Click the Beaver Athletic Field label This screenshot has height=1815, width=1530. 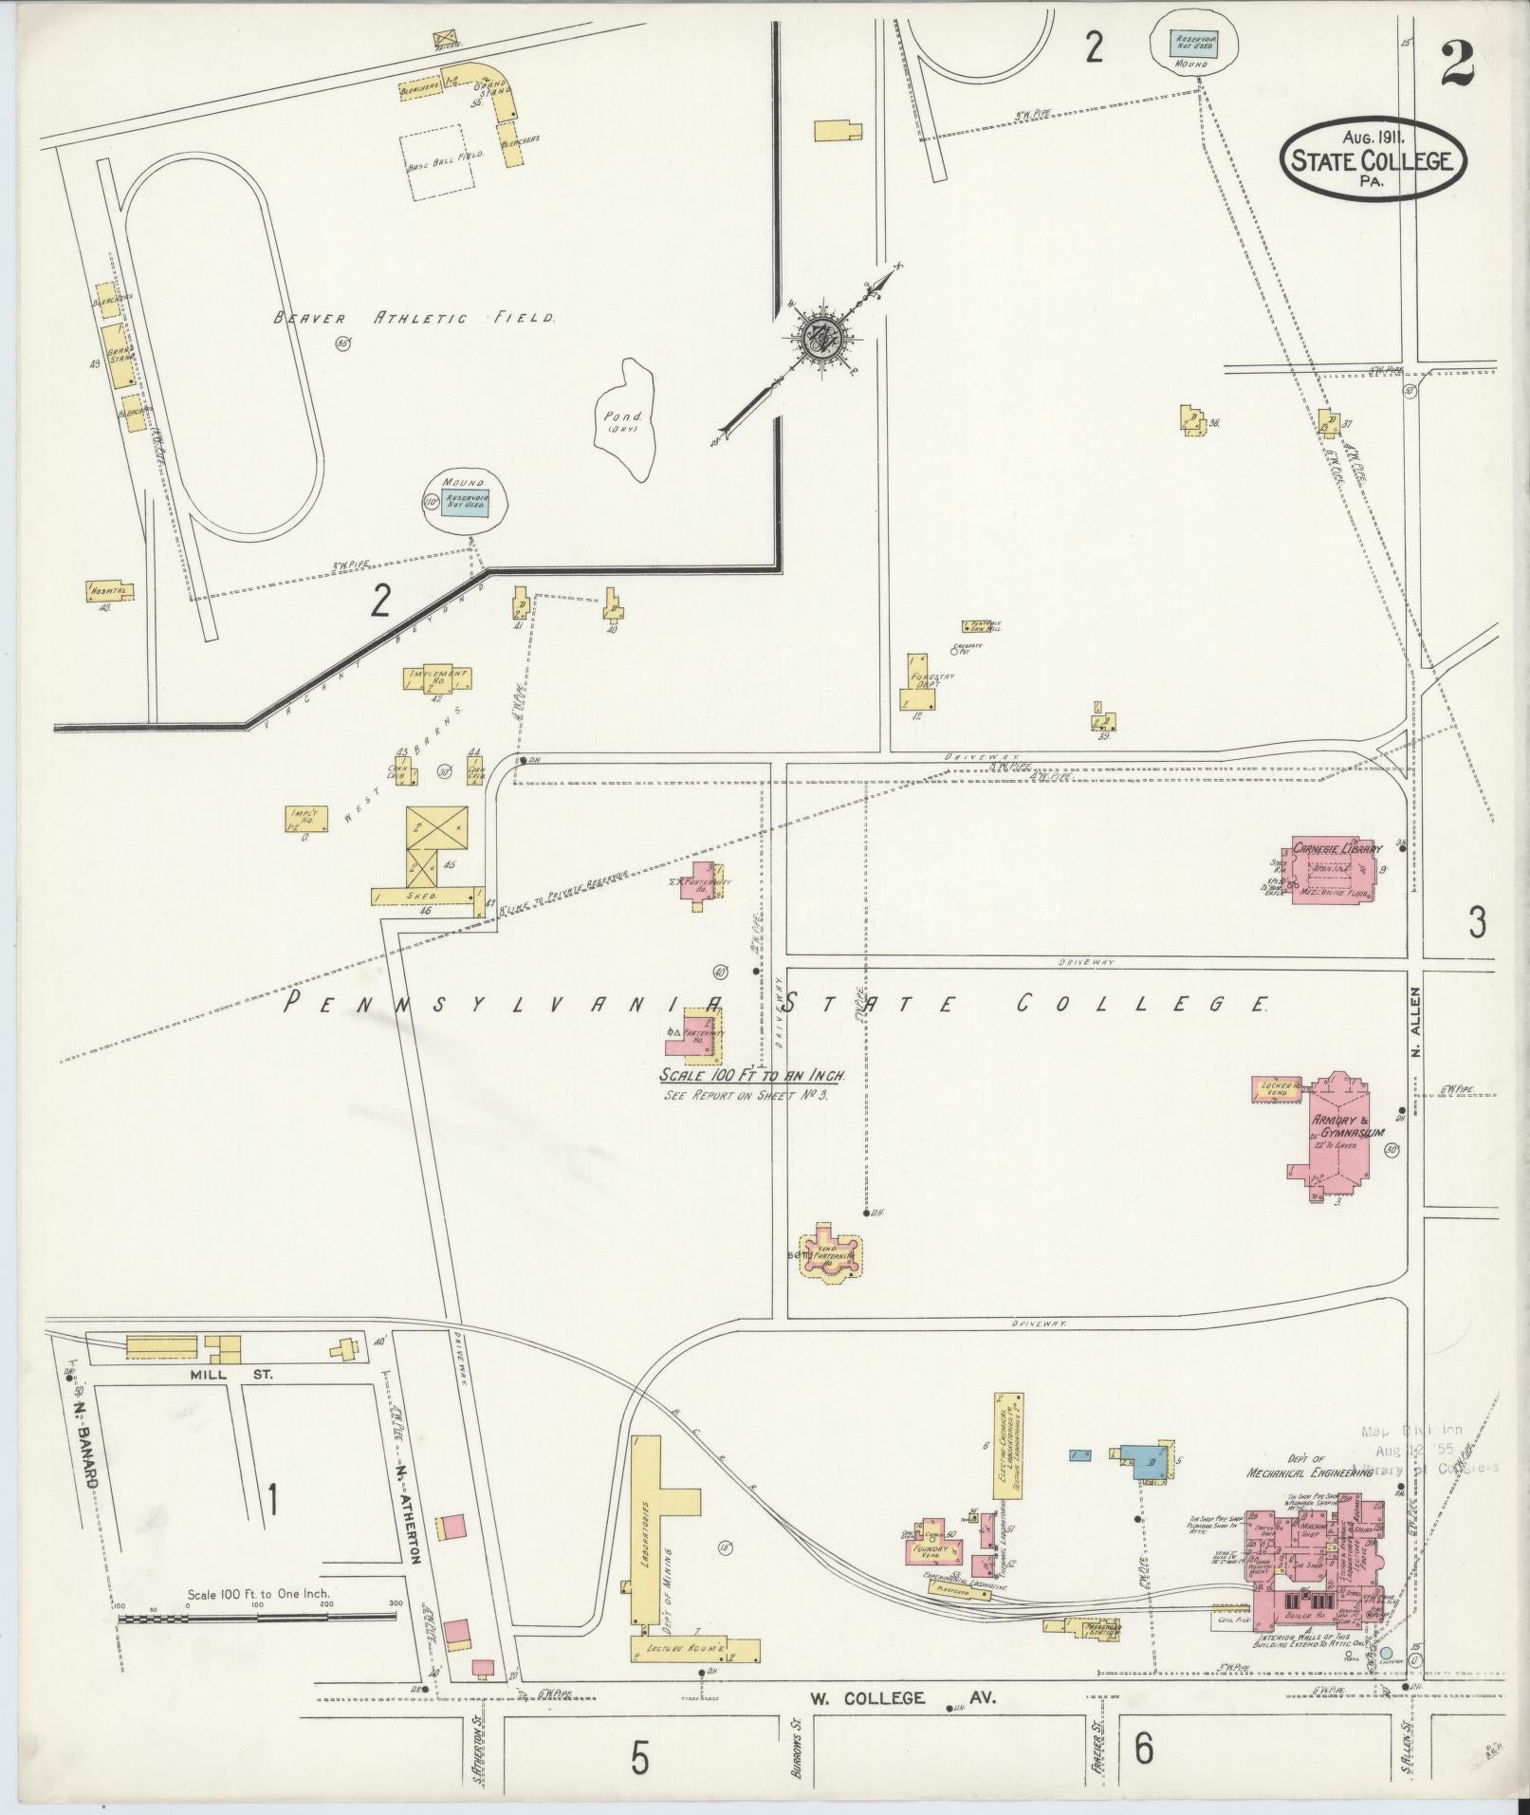coord(414,319)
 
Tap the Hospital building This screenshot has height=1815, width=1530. coord(110,591)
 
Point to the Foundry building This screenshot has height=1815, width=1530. coord(931,1552)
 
